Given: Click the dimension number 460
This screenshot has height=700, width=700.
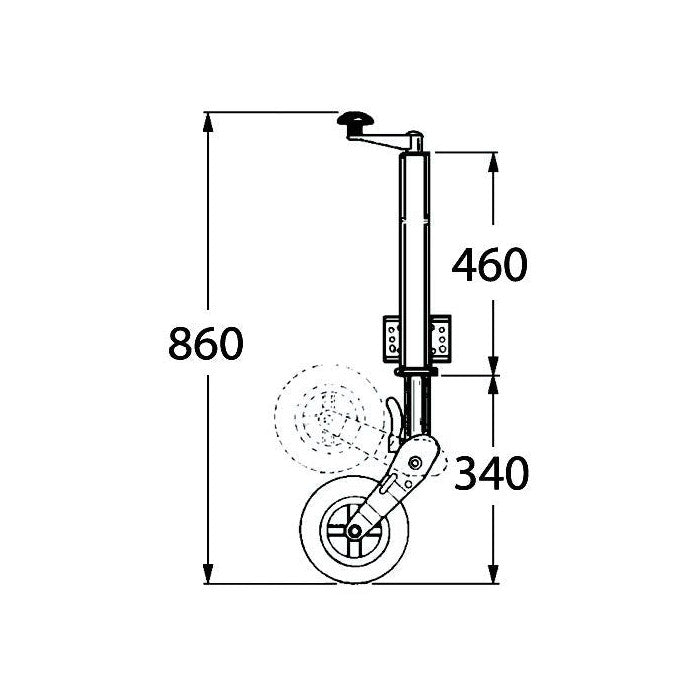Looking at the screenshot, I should [x=488, y=265].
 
